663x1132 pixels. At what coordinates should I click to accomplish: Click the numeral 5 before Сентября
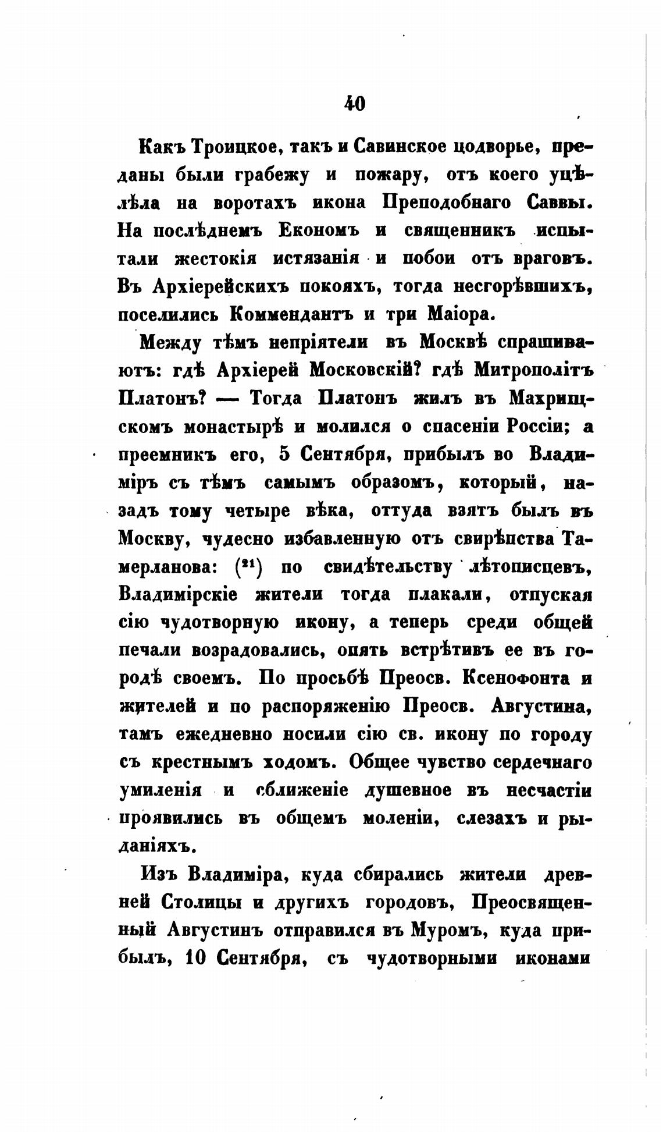(284, 455)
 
